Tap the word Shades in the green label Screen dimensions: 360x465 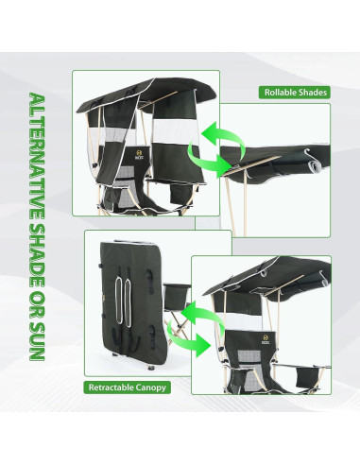(313, 93)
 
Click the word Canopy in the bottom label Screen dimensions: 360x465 (149, 387)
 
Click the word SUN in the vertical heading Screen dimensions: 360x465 (37, 342)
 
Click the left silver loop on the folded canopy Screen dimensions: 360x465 (118, 300)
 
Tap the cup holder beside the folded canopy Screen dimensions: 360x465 (177, 297)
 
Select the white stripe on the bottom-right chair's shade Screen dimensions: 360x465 (243, 321)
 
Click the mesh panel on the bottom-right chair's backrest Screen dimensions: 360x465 (247, 356)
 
